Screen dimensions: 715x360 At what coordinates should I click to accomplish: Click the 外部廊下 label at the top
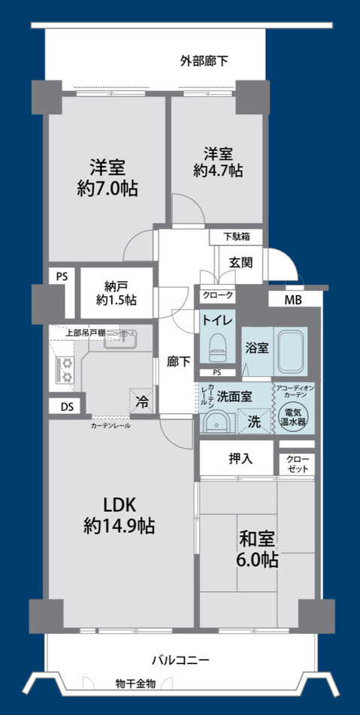(204, 61)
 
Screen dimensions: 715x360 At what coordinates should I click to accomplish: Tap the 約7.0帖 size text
(108, 189)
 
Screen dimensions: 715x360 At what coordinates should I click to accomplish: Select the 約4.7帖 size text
(217, 170)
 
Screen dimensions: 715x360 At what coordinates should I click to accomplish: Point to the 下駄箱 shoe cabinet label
(237, 237)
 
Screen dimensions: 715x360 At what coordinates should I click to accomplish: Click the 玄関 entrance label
(241, 262)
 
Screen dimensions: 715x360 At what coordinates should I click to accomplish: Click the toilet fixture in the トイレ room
(218, 345)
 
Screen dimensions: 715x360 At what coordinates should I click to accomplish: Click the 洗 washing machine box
(256, 422)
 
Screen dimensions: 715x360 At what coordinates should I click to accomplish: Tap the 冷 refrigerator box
(141, 401)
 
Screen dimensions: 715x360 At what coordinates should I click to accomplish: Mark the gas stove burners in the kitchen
(65, 370)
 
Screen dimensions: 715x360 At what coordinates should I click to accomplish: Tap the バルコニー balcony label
(180, 661)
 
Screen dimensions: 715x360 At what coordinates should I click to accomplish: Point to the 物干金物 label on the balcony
(135, 683)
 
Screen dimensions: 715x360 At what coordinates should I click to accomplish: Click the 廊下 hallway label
(178, 360)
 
